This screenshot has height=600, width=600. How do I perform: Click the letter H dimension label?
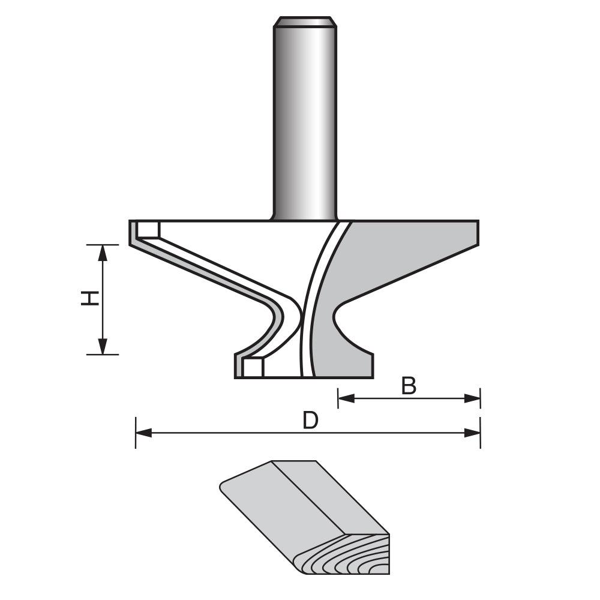coord(89,298)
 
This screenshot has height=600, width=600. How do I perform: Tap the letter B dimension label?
coord(409,386)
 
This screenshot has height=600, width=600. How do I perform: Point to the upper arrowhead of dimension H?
coord(103,252)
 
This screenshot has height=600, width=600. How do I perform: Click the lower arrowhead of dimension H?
coord(103,347)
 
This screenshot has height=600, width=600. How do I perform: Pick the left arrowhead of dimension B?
coord(346,398)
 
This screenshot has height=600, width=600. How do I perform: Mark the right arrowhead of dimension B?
coord(473,398)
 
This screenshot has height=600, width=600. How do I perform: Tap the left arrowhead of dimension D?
coord(143,433)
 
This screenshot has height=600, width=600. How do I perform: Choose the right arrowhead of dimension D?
coord(473,433)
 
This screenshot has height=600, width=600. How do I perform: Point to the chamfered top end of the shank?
coord(304,22)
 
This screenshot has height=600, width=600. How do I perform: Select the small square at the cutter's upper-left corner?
coord(148,230)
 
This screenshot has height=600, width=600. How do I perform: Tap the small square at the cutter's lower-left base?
coord(253,367)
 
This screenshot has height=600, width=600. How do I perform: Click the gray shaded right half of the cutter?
coord(396,258)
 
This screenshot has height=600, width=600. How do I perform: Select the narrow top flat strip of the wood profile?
coord(294,465)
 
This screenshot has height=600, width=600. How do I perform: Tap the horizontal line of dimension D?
coord(240,433)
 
